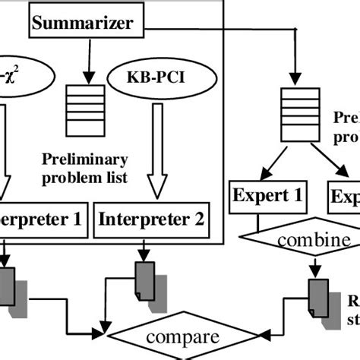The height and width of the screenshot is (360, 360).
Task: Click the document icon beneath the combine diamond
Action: [317, 295]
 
